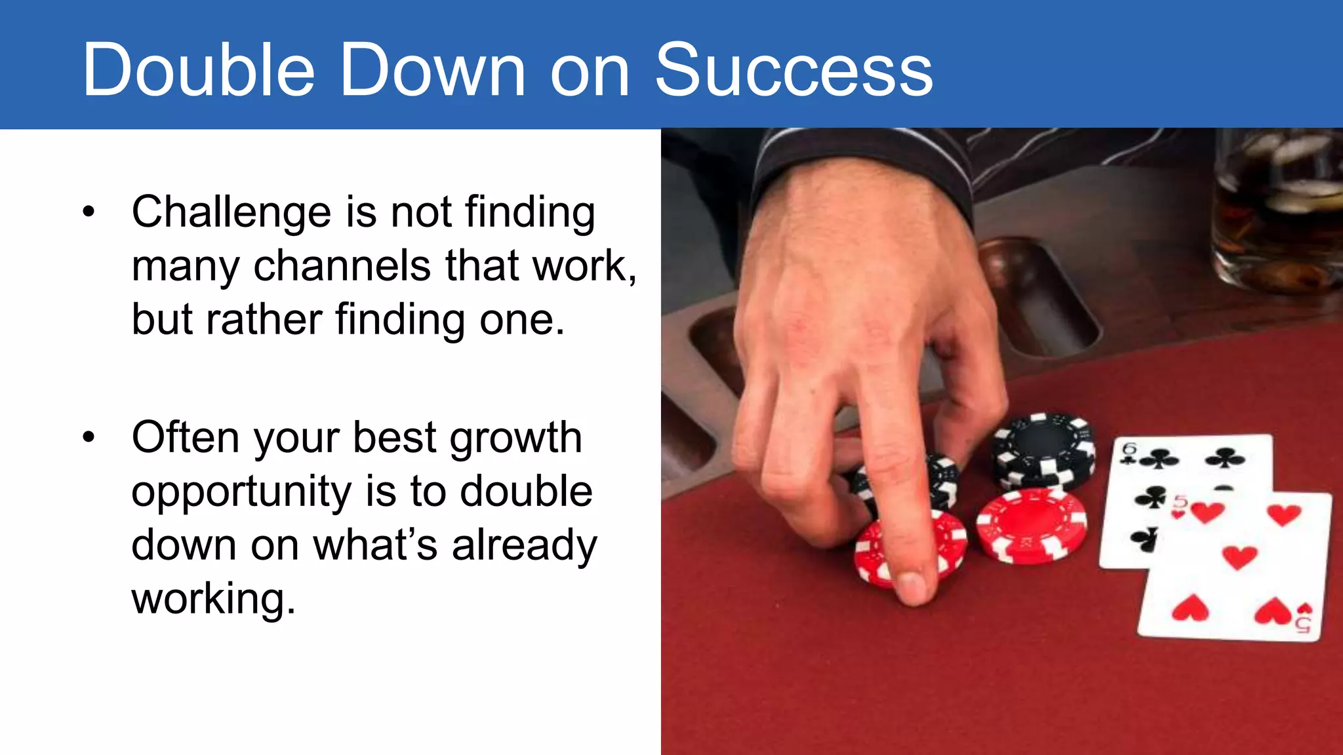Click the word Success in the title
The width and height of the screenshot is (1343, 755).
tap(793, 69)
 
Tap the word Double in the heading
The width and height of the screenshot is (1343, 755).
tap(198, 69)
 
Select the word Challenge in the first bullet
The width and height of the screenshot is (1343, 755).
tap(231, 212)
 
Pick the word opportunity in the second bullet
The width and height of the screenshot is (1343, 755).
tap(241, 492)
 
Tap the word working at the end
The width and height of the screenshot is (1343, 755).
tap(213, 598)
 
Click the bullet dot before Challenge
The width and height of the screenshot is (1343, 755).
tap(89, 212)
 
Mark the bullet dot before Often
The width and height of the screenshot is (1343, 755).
tap(89, 437)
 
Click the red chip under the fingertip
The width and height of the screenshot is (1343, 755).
tap(879, 554)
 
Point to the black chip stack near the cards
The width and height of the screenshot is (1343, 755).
tap(1043, 449)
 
